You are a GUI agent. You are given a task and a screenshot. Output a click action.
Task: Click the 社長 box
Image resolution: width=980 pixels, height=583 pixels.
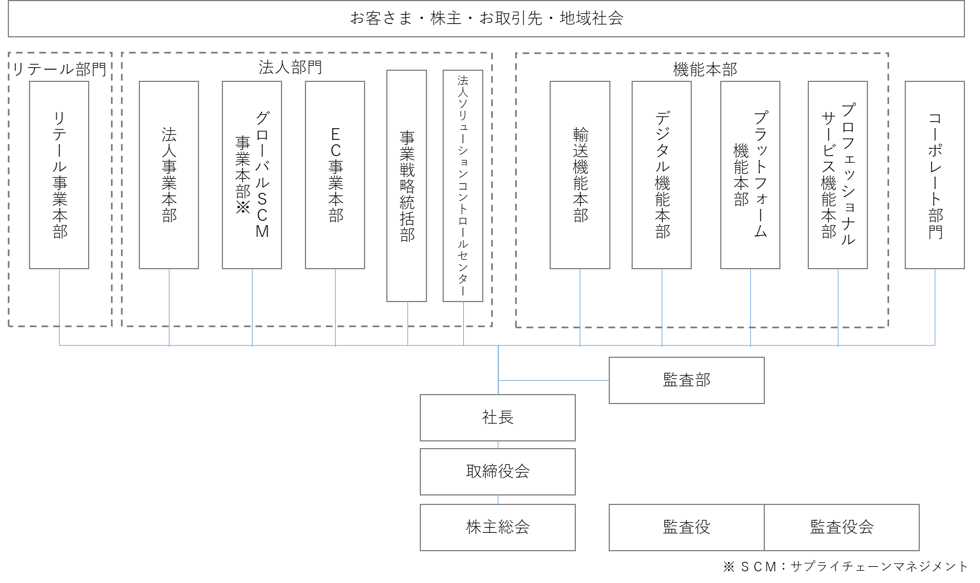(x=497, y=417)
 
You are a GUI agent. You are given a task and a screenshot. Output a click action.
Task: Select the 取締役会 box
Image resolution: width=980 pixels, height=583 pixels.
(x=497, y=472)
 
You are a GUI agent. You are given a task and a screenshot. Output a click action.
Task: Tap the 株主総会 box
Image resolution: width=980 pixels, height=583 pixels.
(x=497, y=527)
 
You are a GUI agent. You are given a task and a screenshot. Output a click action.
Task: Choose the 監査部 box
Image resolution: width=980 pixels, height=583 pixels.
(x=686, y=380)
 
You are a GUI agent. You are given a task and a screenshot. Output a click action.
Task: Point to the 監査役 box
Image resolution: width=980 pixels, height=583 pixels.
(x=686, y=527)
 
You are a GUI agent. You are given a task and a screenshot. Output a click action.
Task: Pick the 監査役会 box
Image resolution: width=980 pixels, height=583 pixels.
(x=841, y=527)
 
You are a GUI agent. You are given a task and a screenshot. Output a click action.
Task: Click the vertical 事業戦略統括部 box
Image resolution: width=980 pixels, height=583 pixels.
(x=407, y=186)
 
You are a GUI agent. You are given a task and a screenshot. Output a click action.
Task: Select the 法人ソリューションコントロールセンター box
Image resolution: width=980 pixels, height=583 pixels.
(x=463, y=186)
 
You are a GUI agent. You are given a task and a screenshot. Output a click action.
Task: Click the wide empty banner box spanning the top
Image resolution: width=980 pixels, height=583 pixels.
(x=486, y=19)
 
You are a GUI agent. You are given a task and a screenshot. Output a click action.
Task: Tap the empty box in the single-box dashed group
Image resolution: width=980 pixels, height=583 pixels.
(x=59, y=175)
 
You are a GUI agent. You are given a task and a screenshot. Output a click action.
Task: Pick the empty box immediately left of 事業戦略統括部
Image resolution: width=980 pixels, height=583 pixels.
(x=335, y=175)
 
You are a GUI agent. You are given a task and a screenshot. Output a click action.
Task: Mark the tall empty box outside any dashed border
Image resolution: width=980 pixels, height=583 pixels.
(x=934, y=175)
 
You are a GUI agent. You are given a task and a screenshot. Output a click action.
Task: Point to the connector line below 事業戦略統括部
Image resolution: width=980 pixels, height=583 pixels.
(x=407, y=323)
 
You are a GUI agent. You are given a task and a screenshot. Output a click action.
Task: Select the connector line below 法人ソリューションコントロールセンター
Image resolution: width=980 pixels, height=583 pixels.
(x=463, y=323)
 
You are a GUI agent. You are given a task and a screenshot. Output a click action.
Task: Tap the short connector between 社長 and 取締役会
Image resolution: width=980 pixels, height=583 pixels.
(x=498, y=445)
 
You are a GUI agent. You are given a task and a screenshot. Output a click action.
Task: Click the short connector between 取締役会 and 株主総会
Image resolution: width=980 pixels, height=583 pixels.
(x=498, y=499)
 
